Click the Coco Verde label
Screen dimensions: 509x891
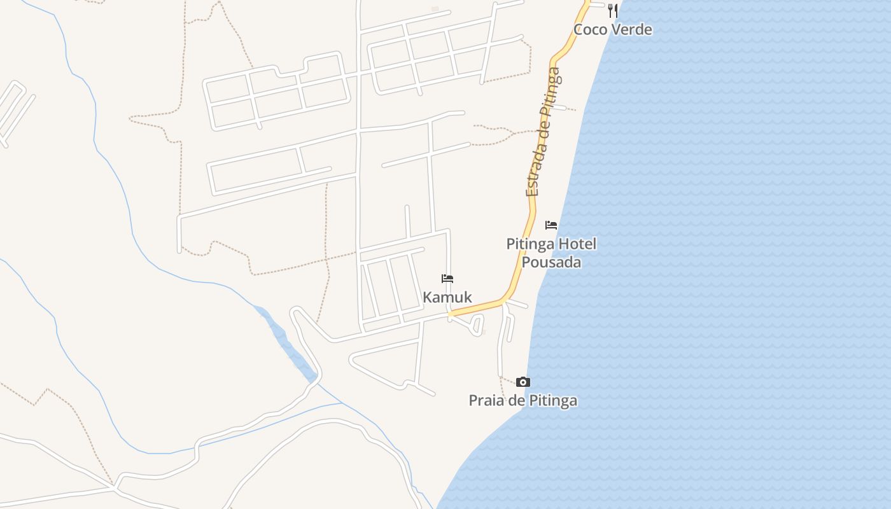[x=612, y=29]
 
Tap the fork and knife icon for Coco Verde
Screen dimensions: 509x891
[x=612, y=10]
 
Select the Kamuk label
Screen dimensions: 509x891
[x=447, y=297]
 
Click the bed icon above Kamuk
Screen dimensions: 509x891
[x=447, y=279]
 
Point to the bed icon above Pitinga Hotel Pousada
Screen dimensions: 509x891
[x=551, y=225]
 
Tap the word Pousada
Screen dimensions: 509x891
[x=551, y=261]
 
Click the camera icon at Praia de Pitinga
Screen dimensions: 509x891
[x=523, y=382]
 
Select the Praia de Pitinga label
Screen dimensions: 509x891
[x=523, y=400]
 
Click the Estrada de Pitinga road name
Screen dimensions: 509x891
[x=544, y=132]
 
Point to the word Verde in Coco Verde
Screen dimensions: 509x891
[x=631, y=29]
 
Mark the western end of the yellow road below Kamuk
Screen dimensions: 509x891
[x=451, y=314]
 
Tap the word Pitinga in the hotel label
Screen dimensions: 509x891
[x=530, y=244]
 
